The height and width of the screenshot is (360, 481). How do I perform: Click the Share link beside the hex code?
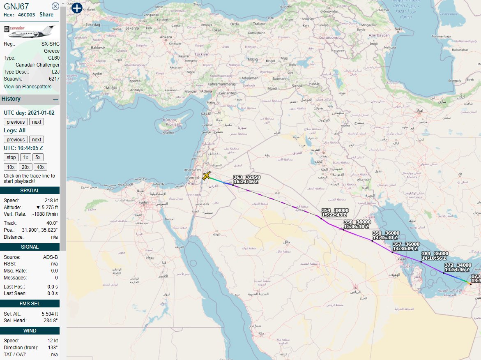[x=46, y=15]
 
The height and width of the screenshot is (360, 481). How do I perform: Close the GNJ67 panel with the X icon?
[x=55, y=6]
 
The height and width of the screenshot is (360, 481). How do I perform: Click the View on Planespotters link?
[x=28, y=87]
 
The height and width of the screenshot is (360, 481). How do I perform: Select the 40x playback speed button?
[x=41, y=167]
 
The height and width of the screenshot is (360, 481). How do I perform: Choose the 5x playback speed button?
[x=38, y=157]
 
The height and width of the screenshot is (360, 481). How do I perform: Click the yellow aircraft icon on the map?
[x=206, y=176]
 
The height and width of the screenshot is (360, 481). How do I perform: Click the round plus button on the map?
[x=77, y=8]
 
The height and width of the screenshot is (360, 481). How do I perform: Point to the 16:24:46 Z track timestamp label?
[x=246, y=181]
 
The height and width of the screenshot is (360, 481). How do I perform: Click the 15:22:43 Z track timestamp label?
[x=334, y=215]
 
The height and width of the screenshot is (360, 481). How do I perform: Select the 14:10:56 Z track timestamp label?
[x=435, y=258]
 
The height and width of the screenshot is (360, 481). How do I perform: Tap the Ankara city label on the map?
[x=166, y=37]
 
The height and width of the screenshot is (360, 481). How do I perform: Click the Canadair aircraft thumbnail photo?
[x=29, y=32]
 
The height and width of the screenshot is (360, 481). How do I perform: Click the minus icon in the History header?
[x=55, y=99]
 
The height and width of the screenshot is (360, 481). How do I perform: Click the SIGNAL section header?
[x=30, y=247]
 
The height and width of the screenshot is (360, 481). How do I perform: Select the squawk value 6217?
[x=54, y=78]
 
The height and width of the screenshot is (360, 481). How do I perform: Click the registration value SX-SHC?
[x=50, y=44]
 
